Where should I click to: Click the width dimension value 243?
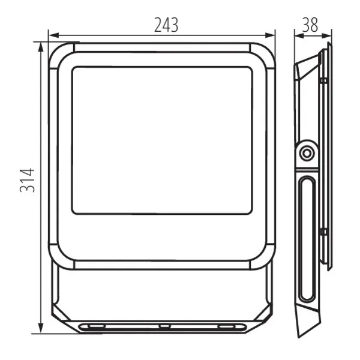pos(166,25)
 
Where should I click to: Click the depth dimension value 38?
pos(310,25)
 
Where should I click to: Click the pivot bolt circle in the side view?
pos(307,153)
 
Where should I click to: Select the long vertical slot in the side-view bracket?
pos(307,238)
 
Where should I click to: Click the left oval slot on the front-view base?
pos(95,326)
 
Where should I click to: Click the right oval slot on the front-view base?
pos(227,326)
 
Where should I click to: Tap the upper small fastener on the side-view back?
pos(323,80)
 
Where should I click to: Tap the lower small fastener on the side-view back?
pos(323,231)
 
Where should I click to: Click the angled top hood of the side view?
pos(307,67)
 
